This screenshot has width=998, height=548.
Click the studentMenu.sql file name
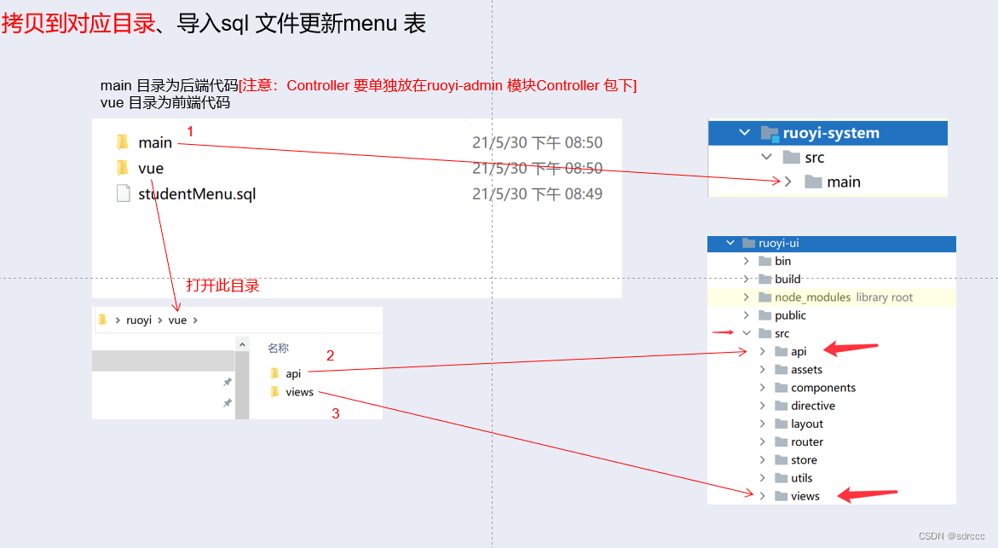point(197,194)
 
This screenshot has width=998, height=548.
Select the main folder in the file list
point(155,142)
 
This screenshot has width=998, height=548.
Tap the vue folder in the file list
point(151,169)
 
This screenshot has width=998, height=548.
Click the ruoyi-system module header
point(831,133)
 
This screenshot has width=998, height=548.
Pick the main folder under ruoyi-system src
point(843,182)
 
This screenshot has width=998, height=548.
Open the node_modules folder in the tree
point(812,297)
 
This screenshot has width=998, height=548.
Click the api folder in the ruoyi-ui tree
point(799,352)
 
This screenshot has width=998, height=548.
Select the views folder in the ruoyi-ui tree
point(805,496)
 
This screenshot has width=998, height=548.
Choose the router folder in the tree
point(806,442)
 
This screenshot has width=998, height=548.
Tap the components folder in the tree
point(822,388)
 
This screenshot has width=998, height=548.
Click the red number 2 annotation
point(331,356)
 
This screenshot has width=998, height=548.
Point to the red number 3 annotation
point(336,414)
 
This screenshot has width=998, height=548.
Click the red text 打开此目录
point(222,286)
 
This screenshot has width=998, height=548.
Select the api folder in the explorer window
point(293,374)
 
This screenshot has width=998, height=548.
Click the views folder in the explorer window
point(300,393)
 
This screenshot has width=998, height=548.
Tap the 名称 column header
point(279,349)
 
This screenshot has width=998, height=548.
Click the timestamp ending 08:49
point(537,194)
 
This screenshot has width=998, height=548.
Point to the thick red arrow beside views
point(868,494)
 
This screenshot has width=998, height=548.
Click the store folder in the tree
point(804,460)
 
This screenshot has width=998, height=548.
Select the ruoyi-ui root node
point(778,244)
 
